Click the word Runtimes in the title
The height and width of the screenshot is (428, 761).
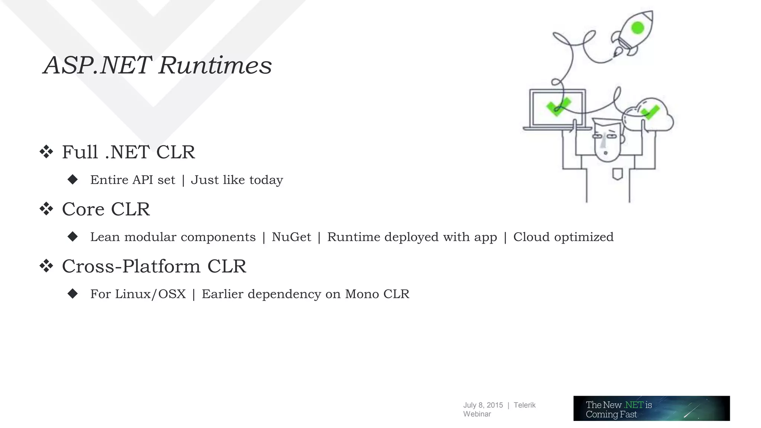tap(215, 65)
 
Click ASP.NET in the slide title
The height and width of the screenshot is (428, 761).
tap(97, 65)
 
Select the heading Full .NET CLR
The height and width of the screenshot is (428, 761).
tap(128, 152)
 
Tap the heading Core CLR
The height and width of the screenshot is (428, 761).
tap(106, 209)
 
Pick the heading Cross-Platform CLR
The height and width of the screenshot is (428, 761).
tap(154, 266)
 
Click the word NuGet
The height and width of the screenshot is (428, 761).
tap(291, 237)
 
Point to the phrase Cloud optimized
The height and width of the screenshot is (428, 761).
tap(563, 237)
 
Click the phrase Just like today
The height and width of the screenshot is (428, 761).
tap(237, 180)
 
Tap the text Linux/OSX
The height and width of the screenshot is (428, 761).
tap(150, 294)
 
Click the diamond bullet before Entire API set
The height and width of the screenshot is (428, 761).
tap(73, 180)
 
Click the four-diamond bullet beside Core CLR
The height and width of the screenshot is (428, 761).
tap(46, 209)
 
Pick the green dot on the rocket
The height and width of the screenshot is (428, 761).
tap(638, 28)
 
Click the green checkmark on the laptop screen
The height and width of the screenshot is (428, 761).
tap(558, 107)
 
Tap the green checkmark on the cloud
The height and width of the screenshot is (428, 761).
tap(650, 112)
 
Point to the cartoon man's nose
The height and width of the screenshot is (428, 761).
tap(605, 141)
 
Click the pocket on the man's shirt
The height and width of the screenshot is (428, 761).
tap(617, 174)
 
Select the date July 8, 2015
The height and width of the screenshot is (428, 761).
tap(483, 405)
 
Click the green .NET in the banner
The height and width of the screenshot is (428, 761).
tap(634, 405)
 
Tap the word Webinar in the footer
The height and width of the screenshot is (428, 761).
tap(477, 414)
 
